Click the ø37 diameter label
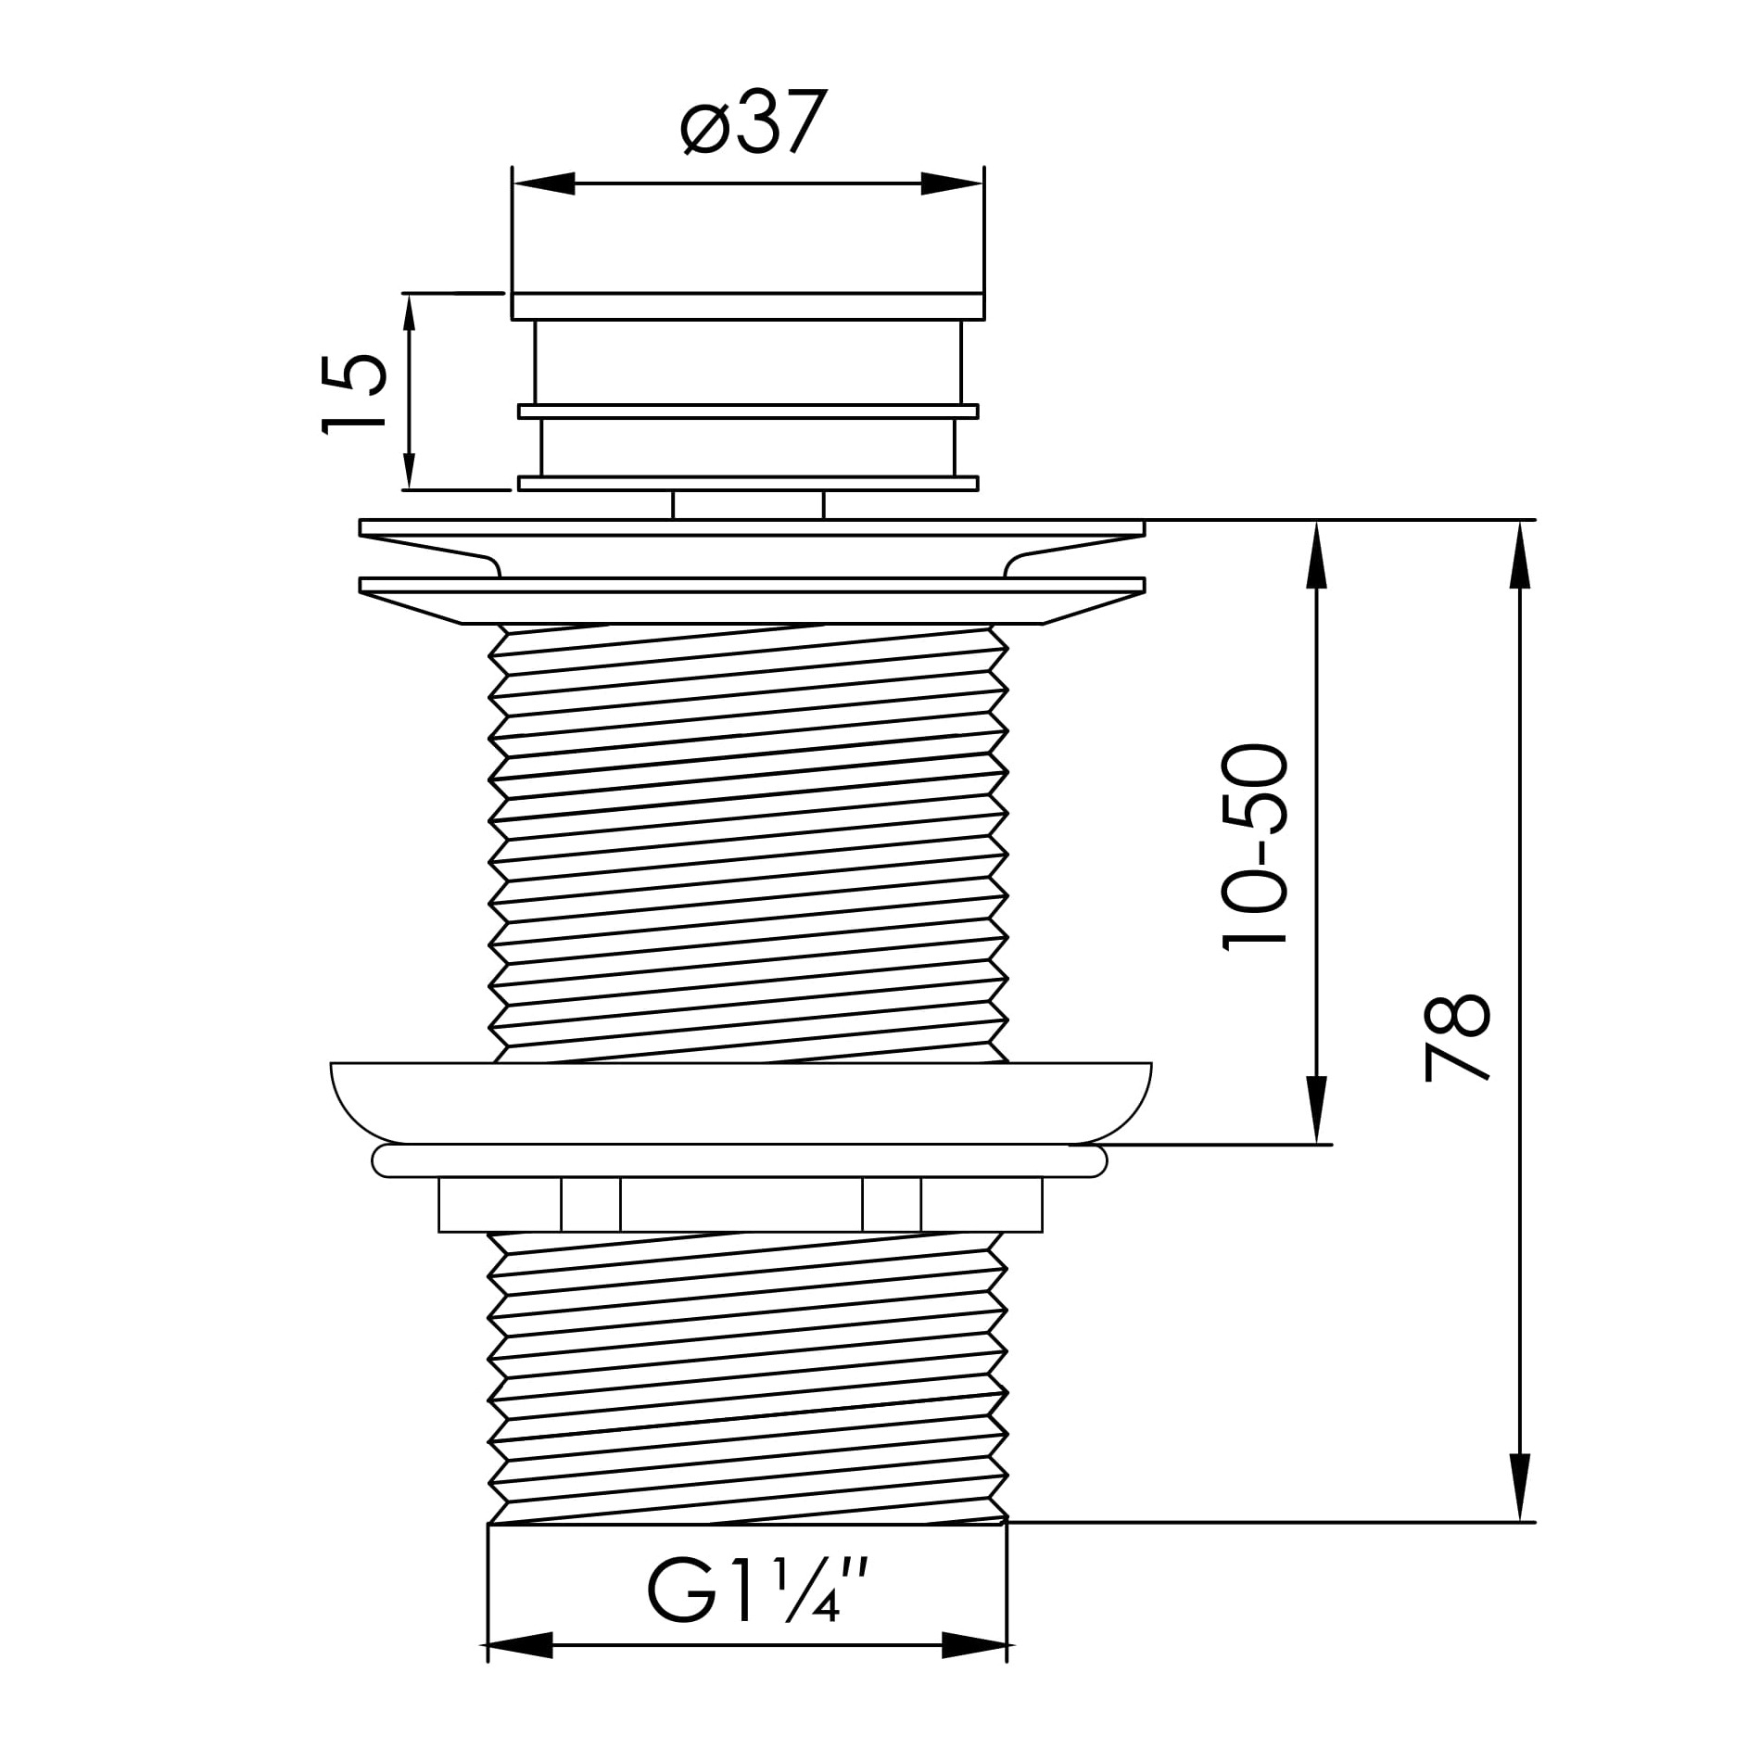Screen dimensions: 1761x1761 point(752,122)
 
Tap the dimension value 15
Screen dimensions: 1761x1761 point(354,392)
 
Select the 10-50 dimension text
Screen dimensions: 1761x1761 point(1255,847)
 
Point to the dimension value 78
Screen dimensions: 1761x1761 point(1457,1036)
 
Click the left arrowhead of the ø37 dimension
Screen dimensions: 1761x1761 point(544,184)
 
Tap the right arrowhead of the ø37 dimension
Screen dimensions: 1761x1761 point(952,184)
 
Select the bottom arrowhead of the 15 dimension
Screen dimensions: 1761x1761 point(409,459)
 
